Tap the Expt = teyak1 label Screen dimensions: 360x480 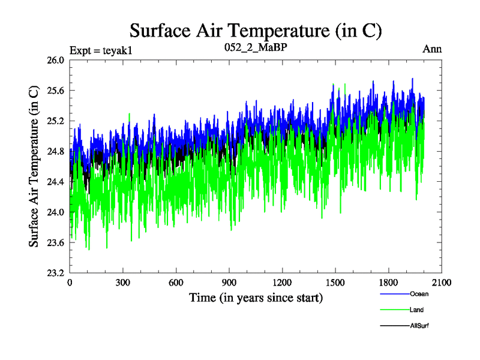pos(101,50)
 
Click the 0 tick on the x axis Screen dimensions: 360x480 pos(70,283)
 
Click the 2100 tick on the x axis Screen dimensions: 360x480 pos(441,283)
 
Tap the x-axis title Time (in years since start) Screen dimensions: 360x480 pos(256,298)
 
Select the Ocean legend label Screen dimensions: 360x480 pos(419,294)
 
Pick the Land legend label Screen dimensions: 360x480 pos(417,310)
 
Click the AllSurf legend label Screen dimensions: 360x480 pos(420,325)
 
